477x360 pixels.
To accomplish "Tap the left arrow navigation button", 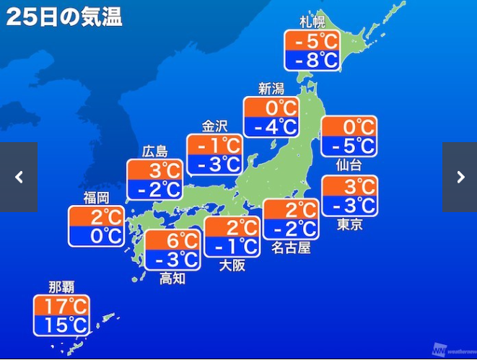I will coord(19,177).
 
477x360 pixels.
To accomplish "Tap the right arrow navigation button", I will coord(460,177).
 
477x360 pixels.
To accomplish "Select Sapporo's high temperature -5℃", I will coord(312,41).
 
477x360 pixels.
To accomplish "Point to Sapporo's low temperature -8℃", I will coord(312,61).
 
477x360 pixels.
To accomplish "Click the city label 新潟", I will coord(271,89).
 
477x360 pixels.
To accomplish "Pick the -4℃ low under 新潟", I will coord(271,128).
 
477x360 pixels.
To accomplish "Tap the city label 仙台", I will coord(349,165).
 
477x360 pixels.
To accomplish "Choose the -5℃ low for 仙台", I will coord(349,146).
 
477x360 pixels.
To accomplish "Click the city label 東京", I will coord(349,224).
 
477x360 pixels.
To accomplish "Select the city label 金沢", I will coord(214,126).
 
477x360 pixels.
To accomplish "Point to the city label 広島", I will coord(154,151).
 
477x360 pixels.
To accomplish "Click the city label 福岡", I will coord(96,197).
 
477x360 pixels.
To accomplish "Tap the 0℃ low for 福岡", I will coord(96,236).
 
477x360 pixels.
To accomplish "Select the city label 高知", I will coord(172,278).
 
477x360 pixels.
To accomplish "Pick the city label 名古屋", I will coord(291,249).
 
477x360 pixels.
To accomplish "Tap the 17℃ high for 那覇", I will coord(61,304).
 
